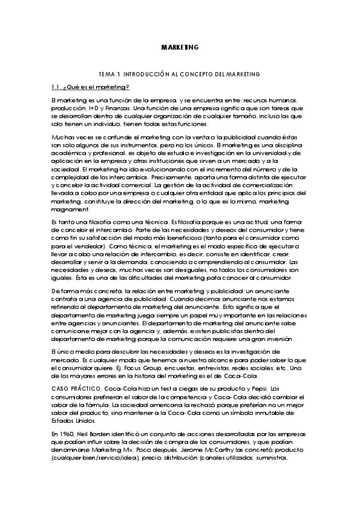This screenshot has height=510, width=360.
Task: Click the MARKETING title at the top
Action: click(180, 46)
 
